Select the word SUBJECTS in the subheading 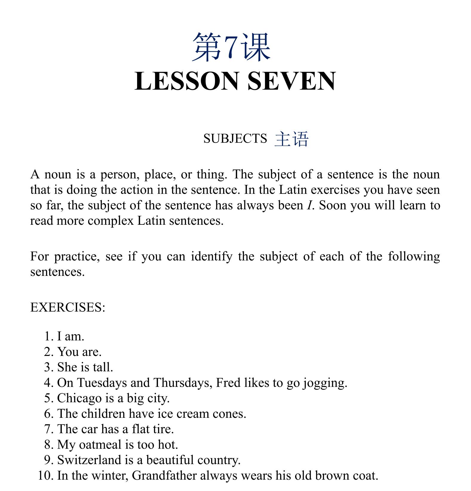235,139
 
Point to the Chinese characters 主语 291,139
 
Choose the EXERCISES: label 68,308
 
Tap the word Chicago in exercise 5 79,398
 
